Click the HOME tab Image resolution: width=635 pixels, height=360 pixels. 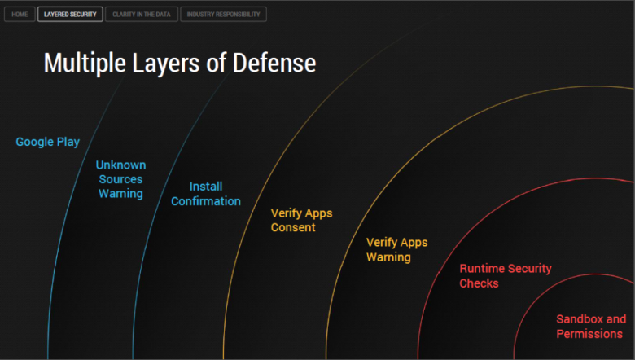[x=20, y=14]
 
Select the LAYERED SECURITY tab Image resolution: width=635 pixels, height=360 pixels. [x=70, y=14]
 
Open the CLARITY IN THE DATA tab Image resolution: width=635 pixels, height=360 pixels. [x=142, y=14]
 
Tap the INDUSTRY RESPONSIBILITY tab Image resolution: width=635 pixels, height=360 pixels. [x=223, y=14]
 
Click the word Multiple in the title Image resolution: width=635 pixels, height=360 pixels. [x=85, y=64]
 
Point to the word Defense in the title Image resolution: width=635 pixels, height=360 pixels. [x=274, y=63]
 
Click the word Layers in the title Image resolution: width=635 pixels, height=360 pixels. [x=166, y=64]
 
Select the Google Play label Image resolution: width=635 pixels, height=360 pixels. [x=48, y=142]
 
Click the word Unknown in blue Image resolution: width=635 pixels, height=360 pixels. [x=120, y=165]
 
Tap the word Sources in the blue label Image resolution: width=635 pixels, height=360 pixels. [x=120, y=179]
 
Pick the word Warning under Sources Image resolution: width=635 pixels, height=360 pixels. [x=120, y=194]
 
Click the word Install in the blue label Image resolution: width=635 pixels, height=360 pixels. [x=206, y=187]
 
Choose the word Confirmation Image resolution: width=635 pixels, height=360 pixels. [x=206, y=201]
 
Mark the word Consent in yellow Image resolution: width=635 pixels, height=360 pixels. [x=293, y=227]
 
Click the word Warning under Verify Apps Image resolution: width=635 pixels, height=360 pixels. [x=388, y=257]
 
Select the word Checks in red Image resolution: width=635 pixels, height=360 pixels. [x=479, y=283]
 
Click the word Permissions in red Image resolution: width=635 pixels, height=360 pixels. [x=589, y=334]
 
